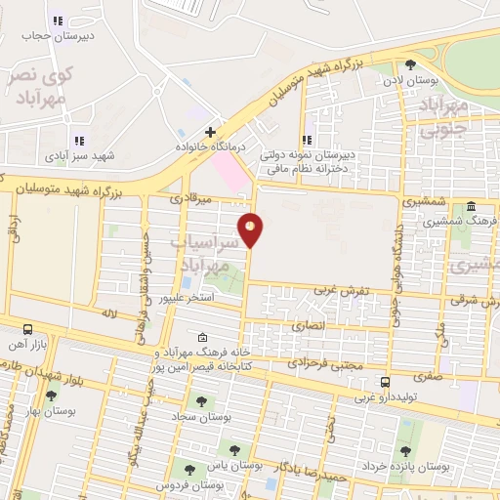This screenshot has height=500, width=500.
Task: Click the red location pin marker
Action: pos(251,229)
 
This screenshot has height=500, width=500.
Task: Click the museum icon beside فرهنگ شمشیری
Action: pos(472,206)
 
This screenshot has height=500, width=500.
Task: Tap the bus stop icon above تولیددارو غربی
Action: pos(385,382)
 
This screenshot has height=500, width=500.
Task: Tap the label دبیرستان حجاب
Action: pos(57,36)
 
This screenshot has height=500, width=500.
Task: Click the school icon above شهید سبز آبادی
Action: pos(78,140)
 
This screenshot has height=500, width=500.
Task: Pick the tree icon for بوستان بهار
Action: pos(51,396)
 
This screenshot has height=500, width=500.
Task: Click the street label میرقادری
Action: pos(190,198)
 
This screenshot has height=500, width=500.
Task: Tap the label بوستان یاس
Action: pos(241,467)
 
